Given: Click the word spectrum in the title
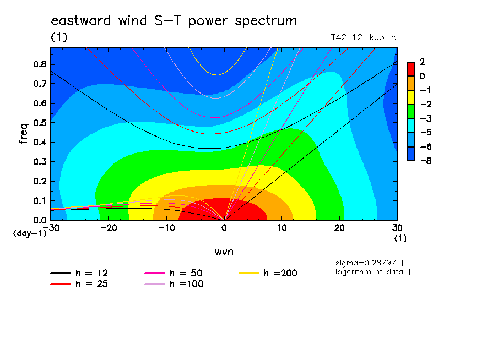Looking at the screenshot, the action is click(x=266, y=21).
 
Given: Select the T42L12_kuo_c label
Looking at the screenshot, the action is click(x=364, y=38).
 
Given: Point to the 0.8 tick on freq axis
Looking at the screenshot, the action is click(x=40, y=64).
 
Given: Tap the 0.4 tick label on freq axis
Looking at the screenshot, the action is click(x=40, y=142).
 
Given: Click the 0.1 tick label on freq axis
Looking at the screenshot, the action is click(x=40, y=200).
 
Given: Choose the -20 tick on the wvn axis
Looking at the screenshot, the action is click(x=109, y=228).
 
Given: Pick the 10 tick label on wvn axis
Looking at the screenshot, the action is click(x=282, y=228).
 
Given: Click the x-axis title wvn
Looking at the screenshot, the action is click(x=224, y=252).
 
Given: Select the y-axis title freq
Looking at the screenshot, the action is click(x=24, y=134).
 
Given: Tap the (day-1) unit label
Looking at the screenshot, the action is click(x=30, y=233).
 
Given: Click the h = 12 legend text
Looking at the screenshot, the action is click(x=92, y=273).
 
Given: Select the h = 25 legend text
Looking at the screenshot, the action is click(x=92, y=284).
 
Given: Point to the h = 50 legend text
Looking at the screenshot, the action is click(x=186, y=273).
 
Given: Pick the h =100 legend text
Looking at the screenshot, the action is click(x=186, y=284).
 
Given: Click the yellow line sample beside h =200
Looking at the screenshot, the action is click(x=248, y=273).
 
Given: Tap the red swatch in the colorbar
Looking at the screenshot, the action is click(x=411, y=69).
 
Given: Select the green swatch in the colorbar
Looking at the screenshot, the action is click(x=411, y=111).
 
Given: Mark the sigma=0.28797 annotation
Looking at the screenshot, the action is click(x=366, y=263).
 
